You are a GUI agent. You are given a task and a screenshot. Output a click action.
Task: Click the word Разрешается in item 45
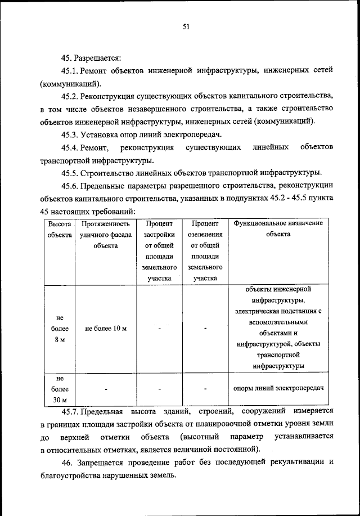coord(97,57)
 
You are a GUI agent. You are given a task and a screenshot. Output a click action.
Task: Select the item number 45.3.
coord(70,134)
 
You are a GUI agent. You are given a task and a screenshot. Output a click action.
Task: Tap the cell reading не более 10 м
coord(105,329)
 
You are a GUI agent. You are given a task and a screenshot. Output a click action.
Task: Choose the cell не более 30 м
coord(59,389)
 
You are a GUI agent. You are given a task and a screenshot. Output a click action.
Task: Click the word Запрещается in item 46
coord(109,462)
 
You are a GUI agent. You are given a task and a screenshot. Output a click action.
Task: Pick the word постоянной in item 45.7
coord(239,449)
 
